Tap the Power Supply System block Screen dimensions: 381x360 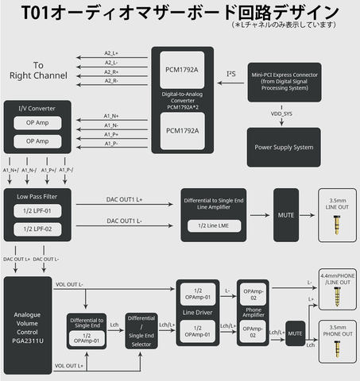(x=284, y=146)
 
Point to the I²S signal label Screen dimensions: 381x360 (x=231, y=74)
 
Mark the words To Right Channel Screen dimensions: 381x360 (x=37, y=70)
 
